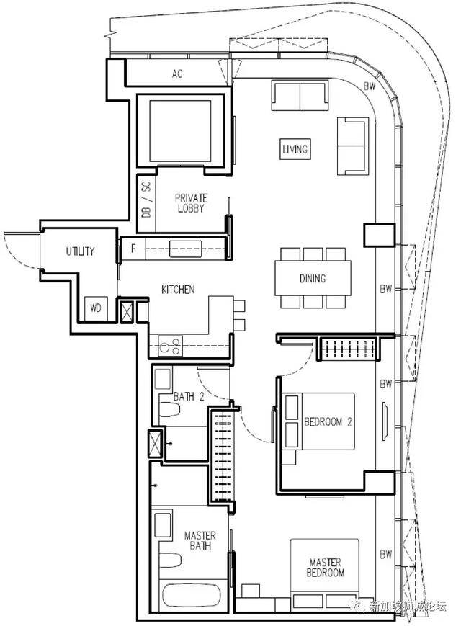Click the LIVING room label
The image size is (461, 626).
click(x=295, y=149)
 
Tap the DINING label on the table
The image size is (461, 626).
click(x=313, y=278)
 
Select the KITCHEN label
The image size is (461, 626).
click(x=178, y=289)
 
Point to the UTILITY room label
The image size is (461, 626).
click(x=80, y=251)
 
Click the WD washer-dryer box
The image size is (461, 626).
click(x=96, y=308)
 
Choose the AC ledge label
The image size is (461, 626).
click(x=178, y=73)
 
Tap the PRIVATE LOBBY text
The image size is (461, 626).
click(x=191, y=203)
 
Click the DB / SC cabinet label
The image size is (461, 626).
click(x=146, y=200)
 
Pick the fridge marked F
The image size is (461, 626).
click(x=133, y=249)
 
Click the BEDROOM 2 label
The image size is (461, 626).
click(x=328, y=421)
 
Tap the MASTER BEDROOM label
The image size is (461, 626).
click(x=326, y=568)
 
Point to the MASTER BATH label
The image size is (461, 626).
click(x=200, y=540)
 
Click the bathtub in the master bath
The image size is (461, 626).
click(x=191, y=597)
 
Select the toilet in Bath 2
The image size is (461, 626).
click(x=169, y=409)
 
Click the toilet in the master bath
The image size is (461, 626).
click(x=170, y=560)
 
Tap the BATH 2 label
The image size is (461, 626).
click(x=189, y=396)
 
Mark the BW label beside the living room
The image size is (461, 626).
click(x=370, y=86)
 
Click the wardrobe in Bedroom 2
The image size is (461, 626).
click(x=347, y=349)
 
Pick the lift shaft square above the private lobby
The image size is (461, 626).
click(x=180, y=131)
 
